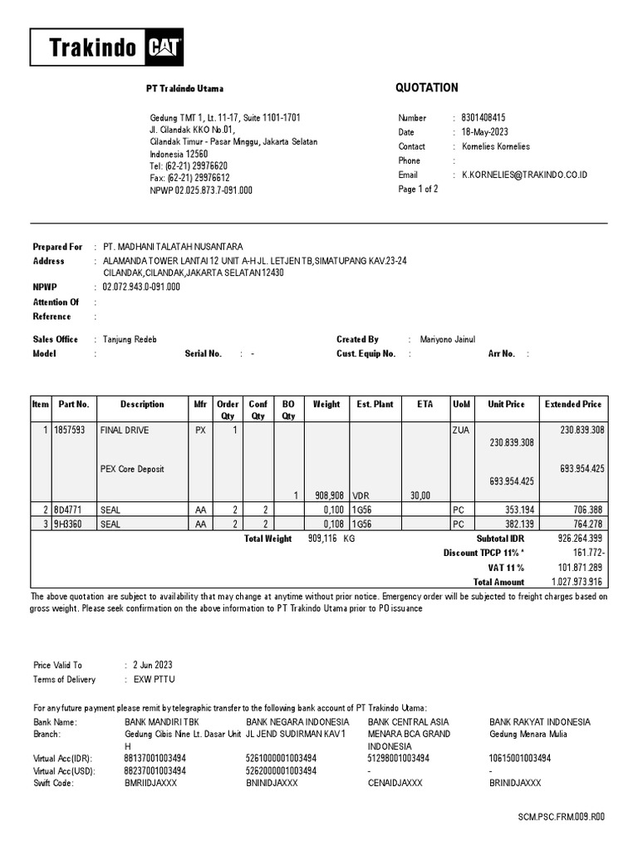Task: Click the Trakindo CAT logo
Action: [106, 47]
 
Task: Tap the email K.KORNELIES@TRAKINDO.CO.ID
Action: [524, 175]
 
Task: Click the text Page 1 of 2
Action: [418, 189]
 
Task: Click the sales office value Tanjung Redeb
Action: [130, 339]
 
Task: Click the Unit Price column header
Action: [506, 405]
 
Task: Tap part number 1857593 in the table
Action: [72, 430]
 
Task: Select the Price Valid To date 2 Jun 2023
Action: [154, 665]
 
